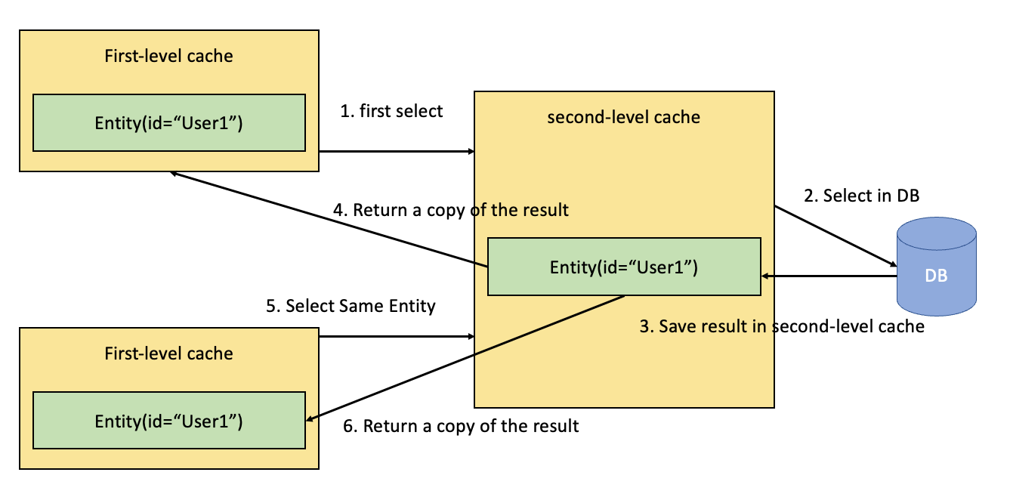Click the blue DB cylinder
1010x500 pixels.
[937, 267]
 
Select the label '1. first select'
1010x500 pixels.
[391, 111]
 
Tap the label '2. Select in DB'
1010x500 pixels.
[862, 196]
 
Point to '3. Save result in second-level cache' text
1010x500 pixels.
[782, 326]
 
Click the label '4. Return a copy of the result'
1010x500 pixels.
[451, 211]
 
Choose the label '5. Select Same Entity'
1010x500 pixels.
[351, 306]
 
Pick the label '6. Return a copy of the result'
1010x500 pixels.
[461, 426]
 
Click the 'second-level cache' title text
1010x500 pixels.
[623, 117]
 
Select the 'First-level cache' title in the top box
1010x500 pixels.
[168, 56]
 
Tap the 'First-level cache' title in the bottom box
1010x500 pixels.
[168, 353]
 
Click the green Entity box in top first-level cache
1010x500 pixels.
[169, 122]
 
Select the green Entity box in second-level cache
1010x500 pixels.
[625, 267]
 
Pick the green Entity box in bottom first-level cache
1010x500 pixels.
[169, 420]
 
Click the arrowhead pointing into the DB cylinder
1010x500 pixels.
[892, 264]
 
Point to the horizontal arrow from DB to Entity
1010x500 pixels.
[829, 276]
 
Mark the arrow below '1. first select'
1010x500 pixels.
[397, 152]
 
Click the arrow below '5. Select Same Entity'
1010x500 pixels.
[397, 336]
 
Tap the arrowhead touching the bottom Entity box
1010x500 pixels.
[311, 418]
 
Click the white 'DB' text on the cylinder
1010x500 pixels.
[936, 276]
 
